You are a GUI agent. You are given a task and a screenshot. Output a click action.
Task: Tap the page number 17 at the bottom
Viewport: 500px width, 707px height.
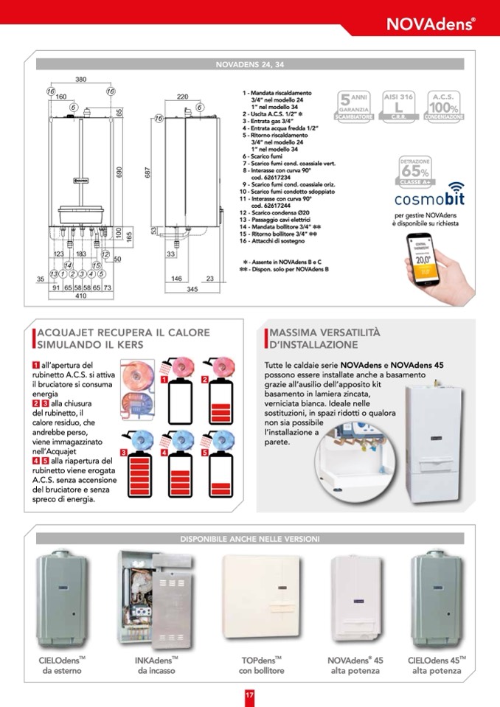pos(249,694)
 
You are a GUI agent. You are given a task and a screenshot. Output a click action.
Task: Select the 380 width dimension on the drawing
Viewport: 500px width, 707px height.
pos(81,79)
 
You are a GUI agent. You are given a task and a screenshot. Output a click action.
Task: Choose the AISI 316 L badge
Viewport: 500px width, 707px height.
pos(399,106)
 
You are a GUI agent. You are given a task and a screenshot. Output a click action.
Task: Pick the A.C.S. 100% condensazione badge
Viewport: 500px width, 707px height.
pos(445,106)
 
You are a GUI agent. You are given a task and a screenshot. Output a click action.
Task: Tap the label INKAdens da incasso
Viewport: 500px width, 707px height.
pos(156,665)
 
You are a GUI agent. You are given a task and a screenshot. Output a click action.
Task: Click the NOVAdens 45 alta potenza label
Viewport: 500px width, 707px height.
pos(355,665)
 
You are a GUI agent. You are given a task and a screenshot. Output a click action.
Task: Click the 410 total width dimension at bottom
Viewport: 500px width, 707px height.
pos(80,296)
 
